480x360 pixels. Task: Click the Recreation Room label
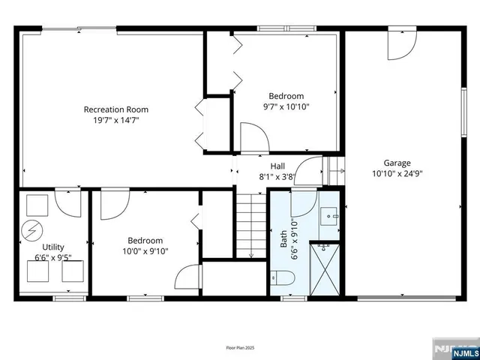pos(111,109)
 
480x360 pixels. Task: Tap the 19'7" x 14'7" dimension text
pos(111,120)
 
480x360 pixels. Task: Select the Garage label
pos(397,163)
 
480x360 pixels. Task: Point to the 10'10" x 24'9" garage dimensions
pos(397,173)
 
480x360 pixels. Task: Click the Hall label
pos(277,166)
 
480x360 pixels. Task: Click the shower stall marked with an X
pos(325,271)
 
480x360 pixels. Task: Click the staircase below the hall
pos(252,225)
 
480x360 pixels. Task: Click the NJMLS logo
pos(454,349)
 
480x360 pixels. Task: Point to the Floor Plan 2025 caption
pos(239,346)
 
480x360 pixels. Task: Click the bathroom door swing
pos(303,202)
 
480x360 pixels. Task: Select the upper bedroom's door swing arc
pos(253,138)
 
